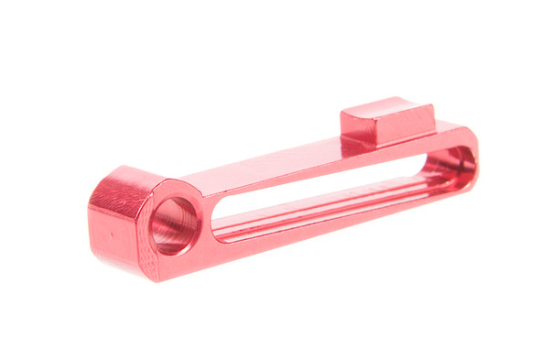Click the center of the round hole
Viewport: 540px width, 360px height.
coord(174,224)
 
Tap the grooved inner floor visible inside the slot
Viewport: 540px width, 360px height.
coord(348,206)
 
